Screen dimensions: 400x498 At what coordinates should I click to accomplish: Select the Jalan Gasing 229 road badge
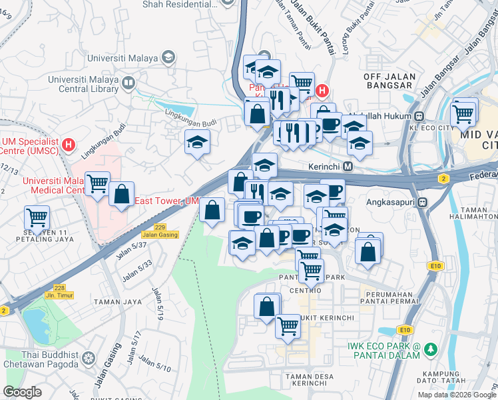click(159, 231)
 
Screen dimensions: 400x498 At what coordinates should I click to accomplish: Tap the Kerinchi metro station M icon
click(348, 166)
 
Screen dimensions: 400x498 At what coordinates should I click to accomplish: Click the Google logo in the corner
click(22, 392)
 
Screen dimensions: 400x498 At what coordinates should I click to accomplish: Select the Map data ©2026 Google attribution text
click(455, 395)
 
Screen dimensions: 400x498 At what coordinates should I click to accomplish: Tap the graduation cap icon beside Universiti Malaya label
click(168, 57)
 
